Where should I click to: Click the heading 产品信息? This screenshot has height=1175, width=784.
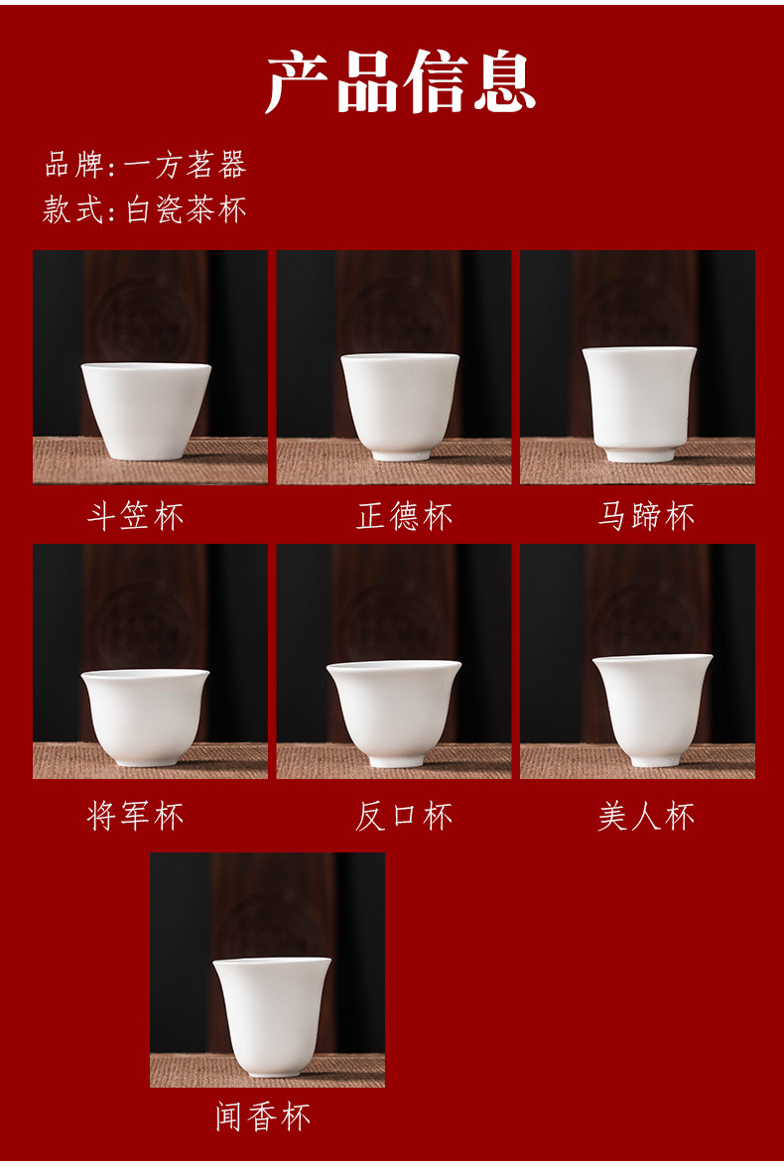[x=401, y=82]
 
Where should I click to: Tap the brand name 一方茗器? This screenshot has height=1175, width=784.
[x=186, y=165]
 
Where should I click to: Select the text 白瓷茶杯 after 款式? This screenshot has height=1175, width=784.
[x=186, y=209]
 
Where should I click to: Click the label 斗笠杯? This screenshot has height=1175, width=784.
[x=136, y=516]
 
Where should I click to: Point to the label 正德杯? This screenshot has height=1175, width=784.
[x=404, y=516]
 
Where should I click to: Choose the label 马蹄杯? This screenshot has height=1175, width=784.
[x=646, y=516]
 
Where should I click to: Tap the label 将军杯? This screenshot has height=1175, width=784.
[x=136, y=817]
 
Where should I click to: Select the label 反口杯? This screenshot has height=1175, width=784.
[x=404, y=817]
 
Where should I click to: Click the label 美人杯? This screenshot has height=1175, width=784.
[x=646, y=817]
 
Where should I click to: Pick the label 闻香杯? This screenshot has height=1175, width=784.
[x=263, y=1117]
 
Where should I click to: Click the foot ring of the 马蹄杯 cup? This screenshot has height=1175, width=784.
[x=639, y=455]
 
